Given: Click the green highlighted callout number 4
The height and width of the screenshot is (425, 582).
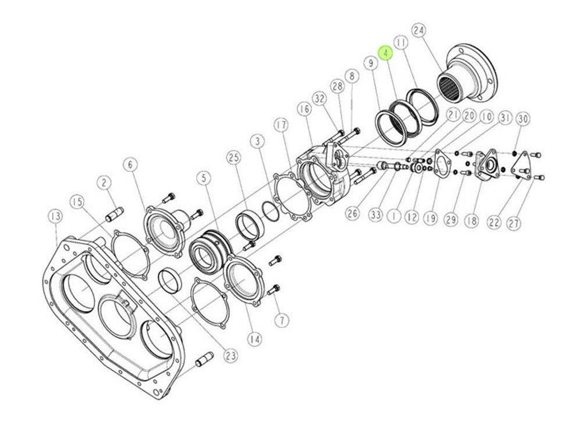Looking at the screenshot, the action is click(x=386, y=53).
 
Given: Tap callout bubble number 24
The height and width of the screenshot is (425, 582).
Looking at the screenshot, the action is click(x=418, y=31).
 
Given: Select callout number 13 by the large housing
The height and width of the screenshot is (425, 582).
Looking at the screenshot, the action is click(x=56, y=216).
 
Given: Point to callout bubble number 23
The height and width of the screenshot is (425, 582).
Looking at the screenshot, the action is click(x=231, y=356).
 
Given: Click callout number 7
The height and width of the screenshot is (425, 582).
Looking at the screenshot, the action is click(x=282, y=320).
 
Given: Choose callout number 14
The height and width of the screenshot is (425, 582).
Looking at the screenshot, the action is click(x=255, y=339).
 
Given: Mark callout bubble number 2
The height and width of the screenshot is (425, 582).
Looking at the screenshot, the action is click(x=104, y=183).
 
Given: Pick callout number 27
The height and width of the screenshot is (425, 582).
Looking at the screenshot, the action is click(x=514, y=223).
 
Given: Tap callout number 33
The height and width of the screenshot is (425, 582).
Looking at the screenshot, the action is click(x=375, y=215).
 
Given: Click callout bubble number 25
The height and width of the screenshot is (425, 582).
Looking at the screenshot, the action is click(x=234, y=158).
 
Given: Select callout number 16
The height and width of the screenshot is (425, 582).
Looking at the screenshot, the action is click(x=304, y=109).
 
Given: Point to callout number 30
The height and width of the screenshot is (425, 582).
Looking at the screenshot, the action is click(x=523, y=119).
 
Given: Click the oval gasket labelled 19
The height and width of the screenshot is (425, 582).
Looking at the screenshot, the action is click(x=443, y=163).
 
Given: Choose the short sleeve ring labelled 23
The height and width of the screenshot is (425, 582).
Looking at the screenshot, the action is click(x=170, y=282).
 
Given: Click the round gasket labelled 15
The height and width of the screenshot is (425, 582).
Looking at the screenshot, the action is click(x=130, y=255).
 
